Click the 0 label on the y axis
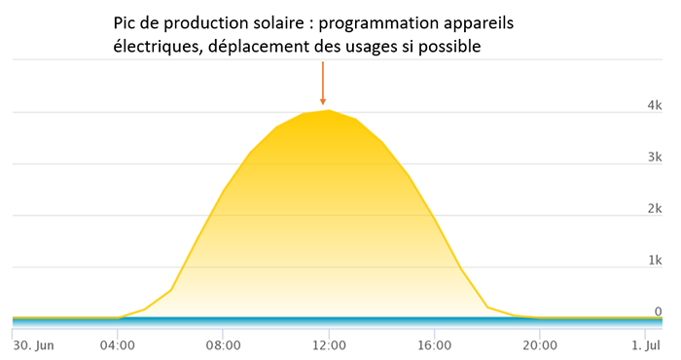pos(659,311)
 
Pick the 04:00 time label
pos(118,344)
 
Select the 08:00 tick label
pos(224,344)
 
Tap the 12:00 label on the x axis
pos(329,344)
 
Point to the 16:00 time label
pos(435,344)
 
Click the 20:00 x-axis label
pos(541,344)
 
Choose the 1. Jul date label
pos(645,344)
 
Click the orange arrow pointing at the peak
pos(323,83)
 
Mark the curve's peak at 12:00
pos(329,110)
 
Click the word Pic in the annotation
pos(126,22)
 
